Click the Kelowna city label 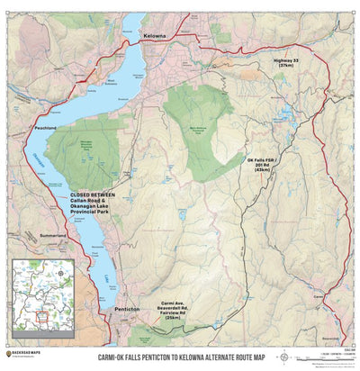pyautogui.click(x=155, y=35)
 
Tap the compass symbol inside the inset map pyautogui.click(x=59, y=268)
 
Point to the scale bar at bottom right pyautogui.click(x=326, y=355)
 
